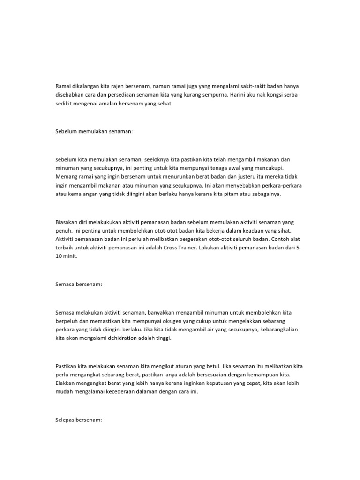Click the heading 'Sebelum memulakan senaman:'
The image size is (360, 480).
coord(94,132)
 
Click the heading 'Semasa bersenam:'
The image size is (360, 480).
coord(78,285)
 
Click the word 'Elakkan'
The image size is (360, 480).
coord(67,384)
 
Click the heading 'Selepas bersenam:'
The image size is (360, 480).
coord(79,420)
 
